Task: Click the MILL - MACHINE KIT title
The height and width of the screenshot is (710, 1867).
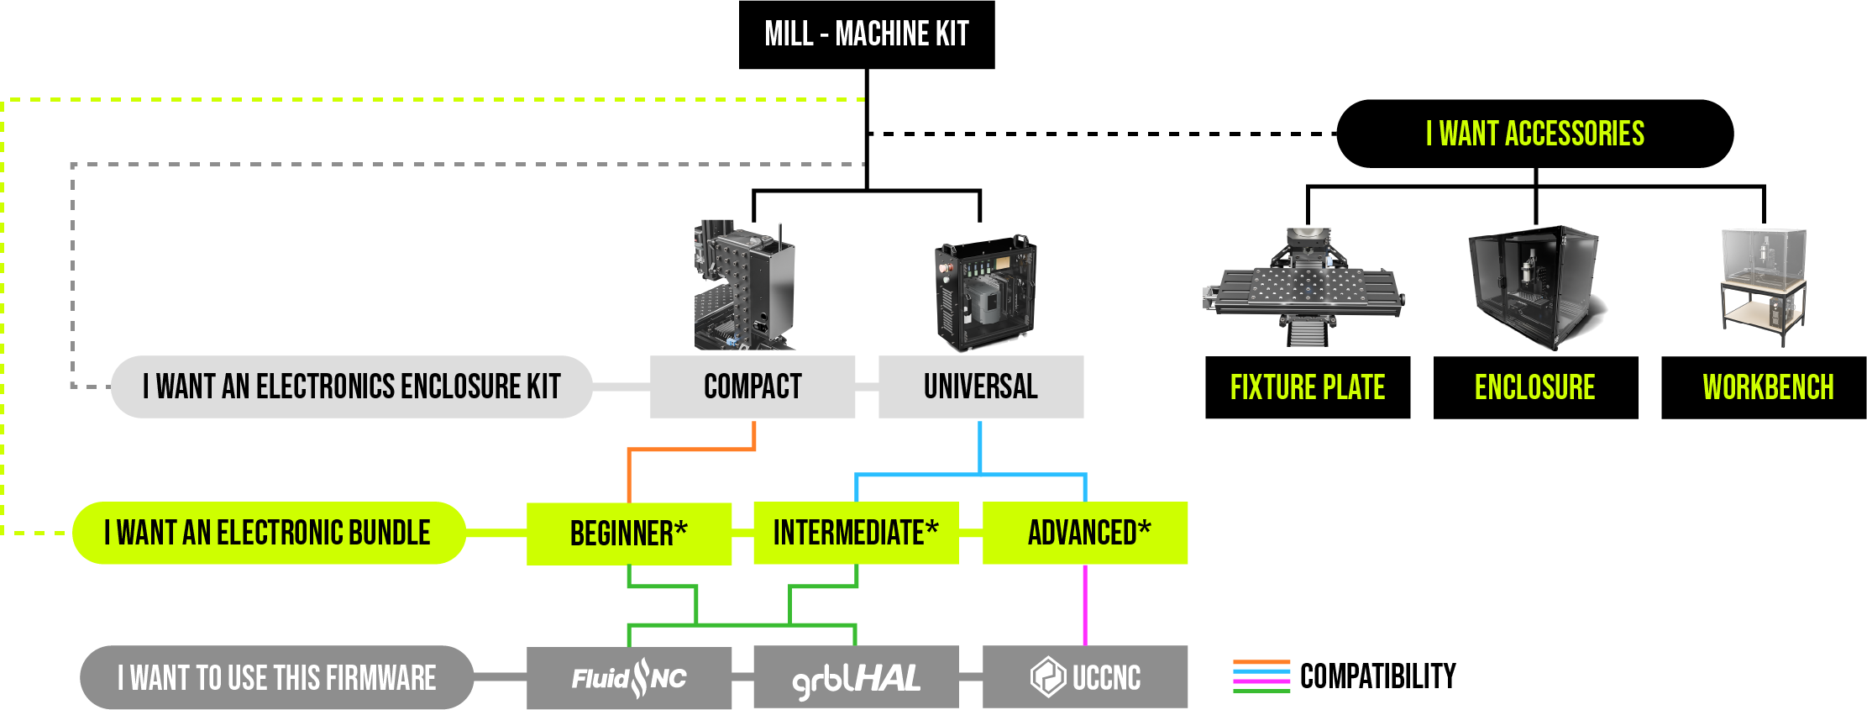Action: click(x=866, y=34)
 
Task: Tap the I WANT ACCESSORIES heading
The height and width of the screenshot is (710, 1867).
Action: click(x=1534, y=134)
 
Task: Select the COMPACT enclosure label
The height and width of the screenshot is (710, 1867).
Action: click(x=753, y=387)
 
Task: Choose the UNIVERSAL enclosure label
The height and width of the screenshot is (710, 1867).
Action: click(x=980, y=387)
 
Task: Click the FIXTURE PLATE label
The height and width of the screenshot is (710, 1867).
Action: click(x=1307, y=387)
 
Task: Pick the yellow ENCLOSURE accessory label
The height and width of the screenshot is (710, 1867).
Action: click(x=1534, y=387)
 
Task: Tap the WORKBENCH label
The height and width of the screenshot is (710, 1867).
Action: click(x=1768, y=387)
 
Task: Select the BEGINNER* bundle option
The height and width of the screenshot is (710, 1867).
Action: click(x=628, y=534)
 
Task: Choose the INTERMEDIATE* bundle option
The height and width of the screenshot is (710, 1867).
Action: click(x=855, y=533)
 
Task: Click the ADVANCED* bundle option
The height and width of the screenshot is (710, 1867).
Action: click(x=1088, y=533)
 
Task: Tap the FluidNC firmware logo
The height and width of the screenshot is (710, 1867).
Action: click(x=629, y=678)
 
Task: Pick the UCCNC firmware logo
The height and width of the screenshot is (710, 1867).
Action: click(x=1085, y=677)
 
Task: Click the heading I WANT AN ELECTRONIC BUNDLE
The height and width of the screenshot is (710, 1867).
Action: click(x=267, y=533)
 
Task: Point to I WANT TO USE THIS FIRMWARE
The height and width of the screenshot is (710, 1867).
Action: click(x=276, y=678)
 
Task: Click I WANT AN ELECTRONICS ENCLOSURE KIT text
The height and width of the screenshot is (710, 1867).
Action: click(x=351, y=387)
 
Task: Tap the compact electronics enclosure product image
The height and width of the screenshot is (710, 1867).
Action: click(x=744, y=286)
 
